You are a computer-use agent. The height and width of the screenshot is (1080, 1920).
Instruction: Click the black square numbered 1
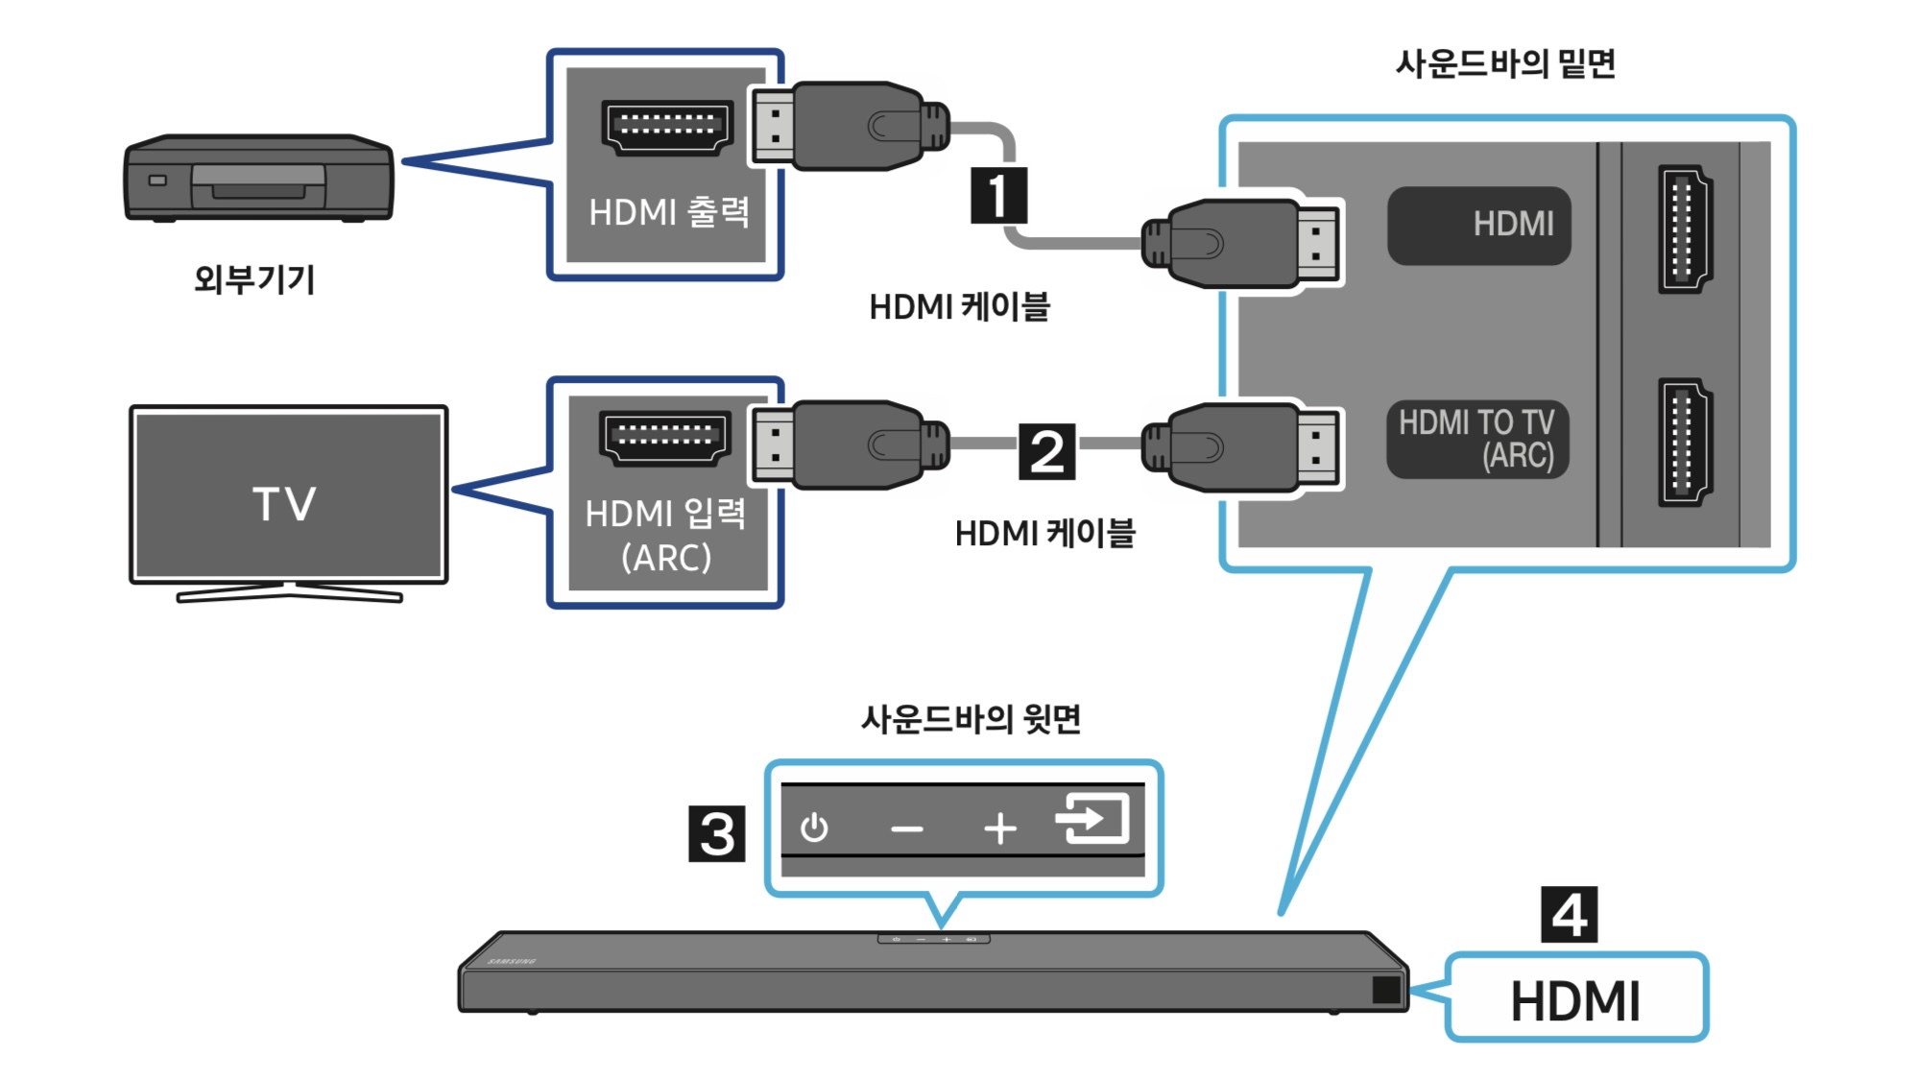[998, 195]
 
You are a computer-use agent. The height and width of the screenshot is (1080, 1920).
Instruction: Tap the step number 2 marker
[1046, 451]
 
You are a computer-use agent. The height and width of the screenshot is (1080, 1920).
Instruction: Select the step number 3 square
[717, 833]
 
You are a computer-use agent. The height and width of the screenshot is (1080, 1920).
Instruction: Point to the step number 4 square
[1569, 915]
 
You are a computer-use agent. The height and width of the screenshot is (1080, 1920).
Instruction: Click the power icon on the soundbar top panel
[814, 828]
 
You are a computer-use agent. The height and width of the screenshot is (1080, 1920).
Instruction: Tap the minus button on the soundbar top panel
[906, 828]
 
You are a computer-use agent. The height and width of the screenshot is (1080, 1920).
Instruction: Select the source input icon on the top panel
[1092, 819]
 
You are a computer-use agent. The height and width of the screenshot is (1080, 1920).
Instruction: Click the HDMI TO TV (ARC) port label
[1476, 439]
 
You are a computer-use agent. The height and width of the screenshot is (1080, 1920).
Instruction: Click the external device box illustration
[258, 179]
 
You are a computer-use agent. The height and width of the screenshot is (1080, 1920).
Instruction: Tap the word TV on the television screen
[284, 504]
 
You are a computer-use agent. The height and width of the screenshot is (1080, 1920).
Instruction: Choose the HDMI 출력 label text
[668, 212]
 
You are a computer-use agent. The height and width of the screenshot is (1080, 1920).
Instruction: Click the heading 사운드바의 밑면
[1504, 63]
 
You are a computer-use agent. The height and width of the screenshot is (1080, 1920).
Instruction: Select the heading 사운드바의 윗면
[971, 718]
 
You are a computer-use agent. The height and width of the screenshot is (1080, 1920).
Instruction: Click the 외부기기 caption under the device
[254, 279]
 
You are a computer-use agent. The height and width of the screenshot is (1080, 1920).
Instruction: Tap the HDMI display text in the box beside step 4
[1575, 1001]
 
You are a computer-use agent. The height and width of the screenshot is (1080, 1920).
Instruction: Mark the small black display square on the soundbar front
[1386, 990]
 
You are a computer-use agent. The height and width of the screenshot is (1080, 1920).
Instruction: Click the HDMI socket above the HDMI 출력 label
[667, 127]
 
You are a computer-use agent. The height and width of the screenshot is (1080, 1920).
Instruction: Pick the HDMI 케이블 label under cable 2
[1044, 533]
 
